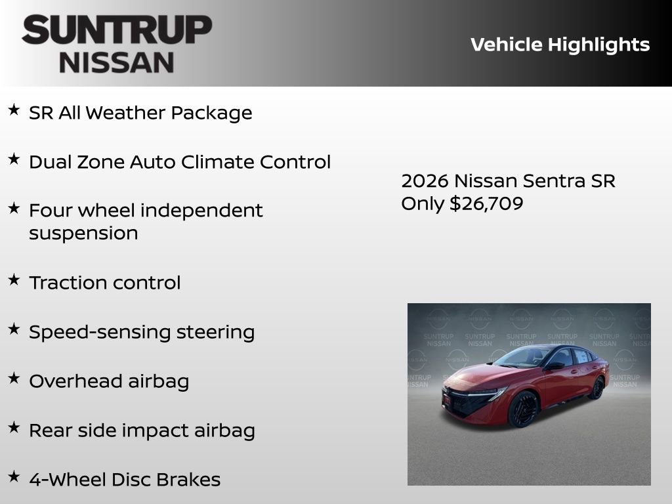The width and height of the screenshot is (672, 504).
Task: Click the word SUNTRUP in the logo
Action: click(x=117, y=30)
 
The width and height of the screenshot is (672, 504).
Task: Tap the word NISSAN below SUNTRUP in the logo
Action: click(x=117, y=62)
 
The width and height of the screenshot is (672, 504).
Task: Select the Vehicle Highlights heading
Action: click(x=560, y=45)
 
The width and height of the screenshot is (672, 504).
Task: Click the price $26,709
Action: click(x=486, y=203)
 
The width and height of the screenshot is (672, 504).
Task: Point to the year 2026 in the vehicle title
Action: click(x=424, y=180)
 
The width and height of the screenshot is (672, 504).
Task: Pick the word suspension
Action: click(x=83, y=233)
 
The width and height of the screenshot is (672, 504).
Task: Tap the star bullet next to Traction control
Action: click(x=14, y=280)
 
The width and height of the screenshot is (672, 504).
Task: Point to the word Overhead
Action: click(x=72, y=381)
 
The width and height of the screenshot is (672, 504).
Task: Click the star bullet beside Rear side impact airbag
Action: click(x=14, y=427)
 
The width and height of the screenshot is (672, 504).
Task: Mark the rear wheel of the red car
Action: click(x=597, y=388)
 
